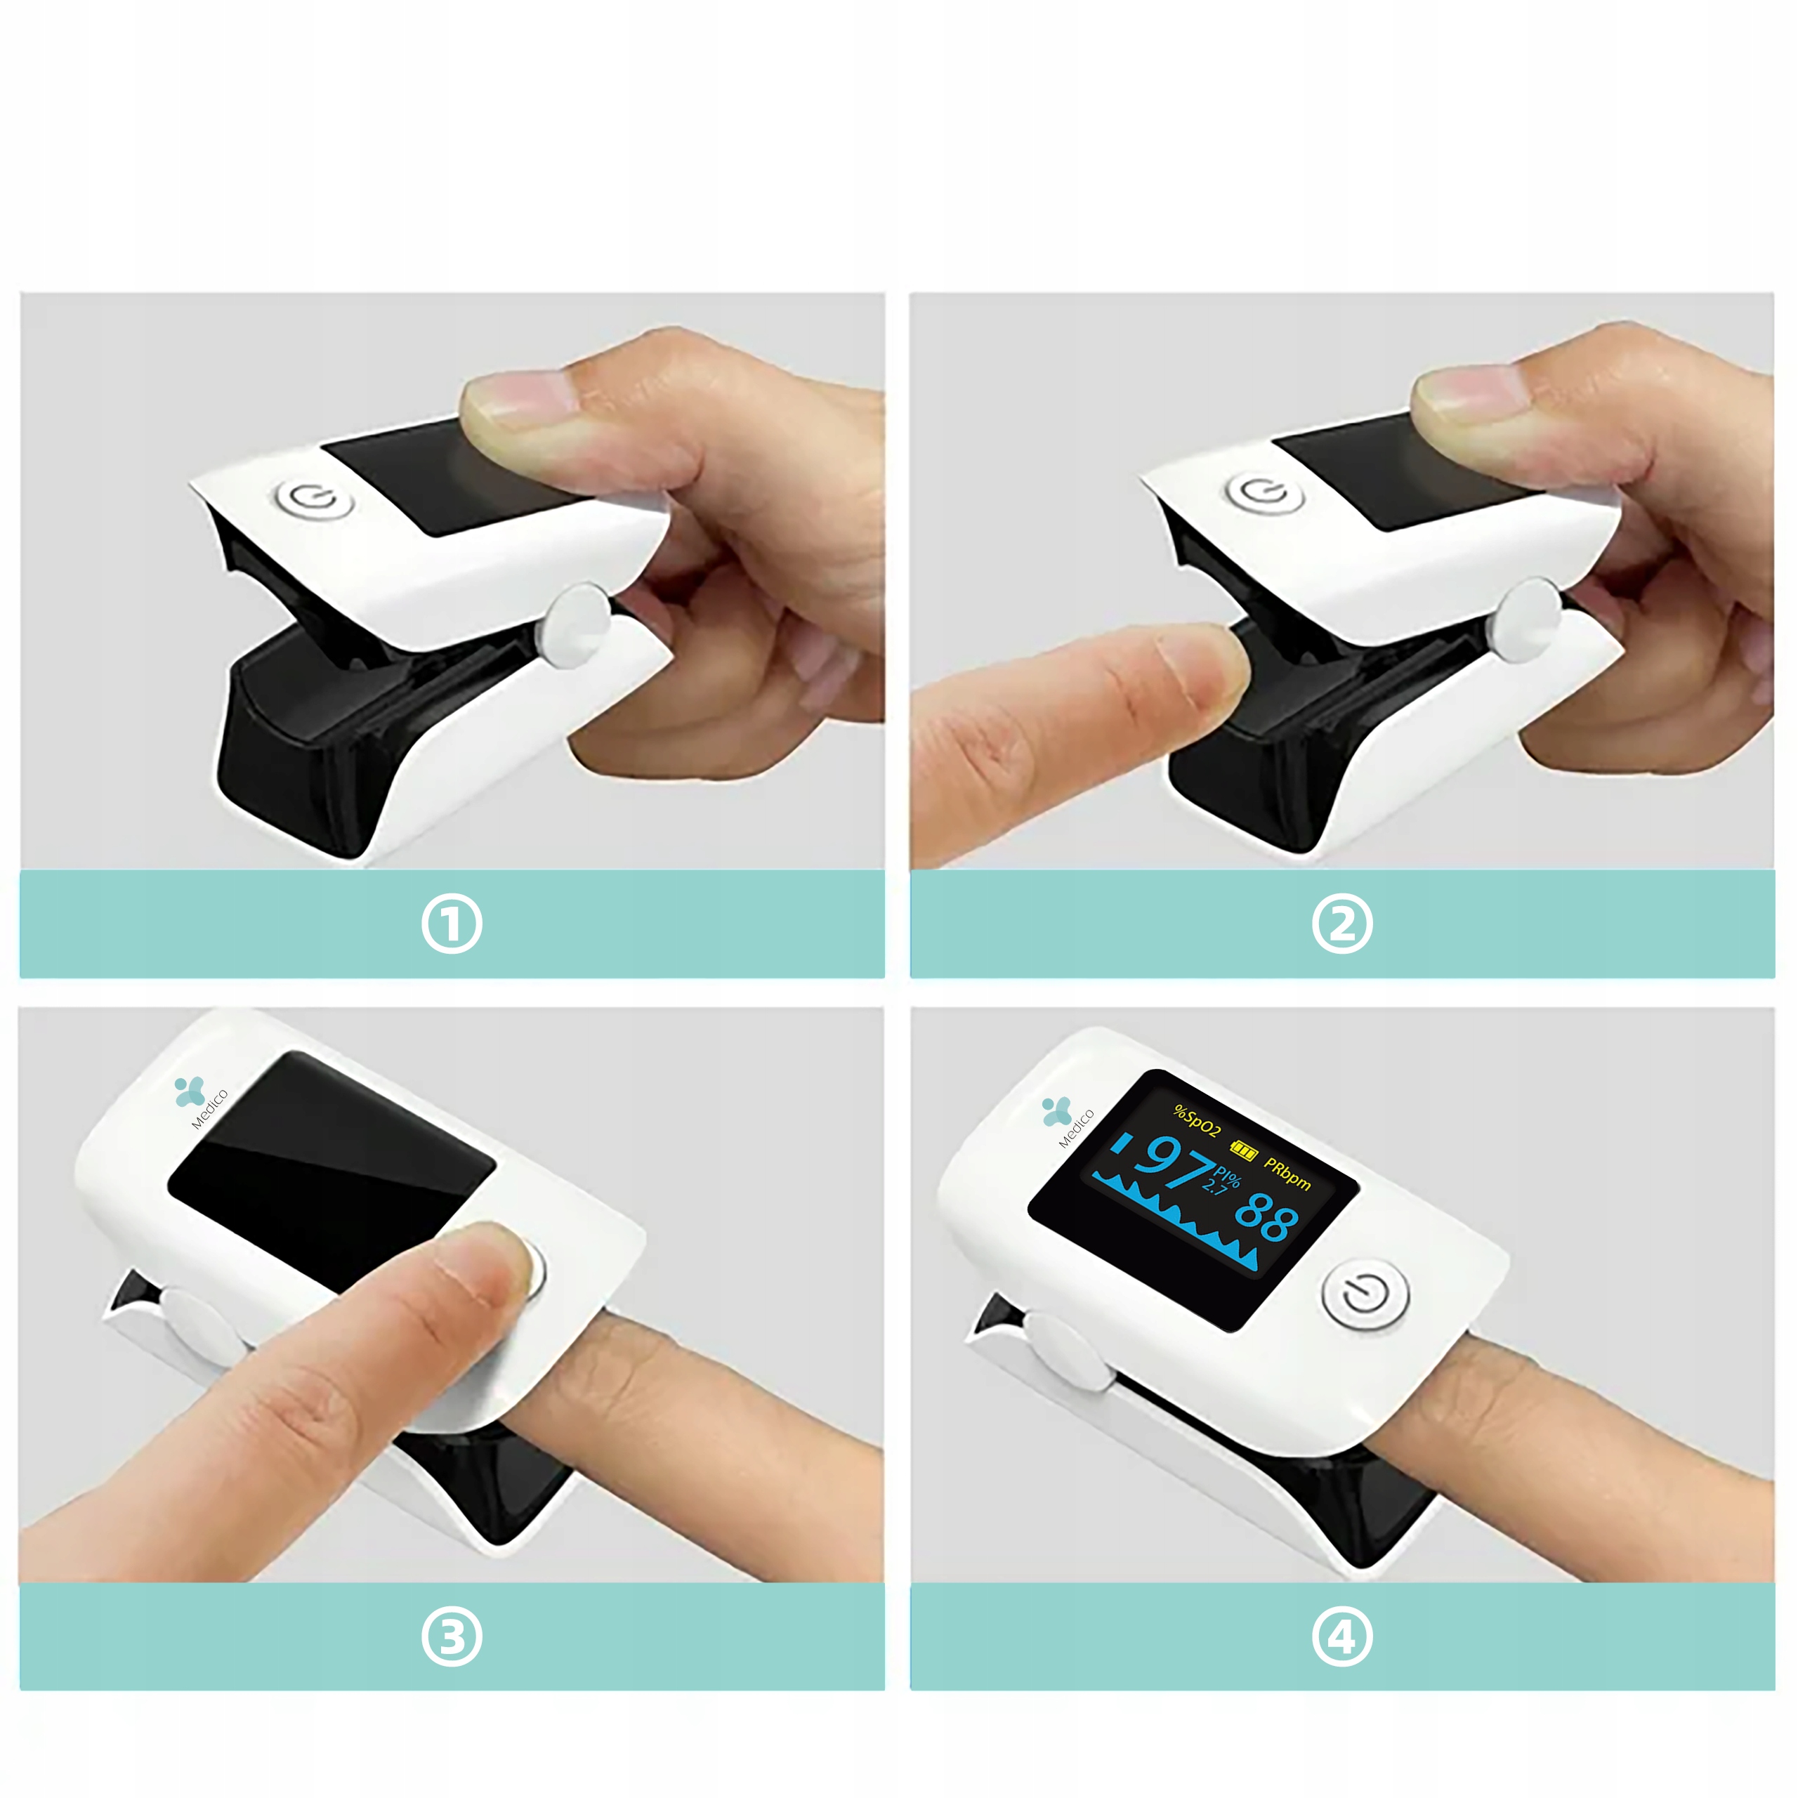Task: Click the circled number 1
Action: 452,924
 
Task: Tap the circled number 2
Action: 1342,924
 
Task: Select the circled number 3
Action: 452,1637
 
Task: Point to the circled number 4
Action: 1342,1637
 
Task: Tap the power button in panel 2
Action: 1265,492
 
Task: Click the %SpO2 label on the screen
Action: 1196,1120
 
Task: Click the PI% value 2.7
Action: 1214,1186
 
